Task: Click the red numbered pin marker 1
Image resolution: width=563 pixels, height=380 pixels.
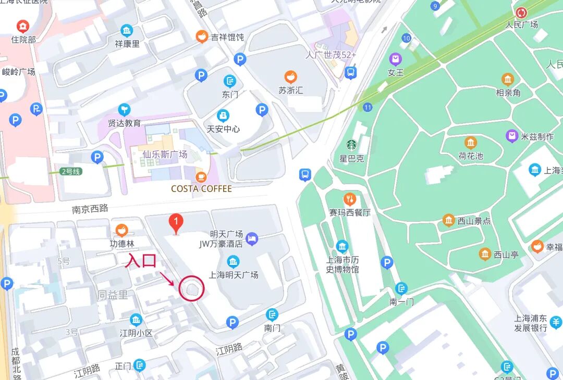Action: pos(176,224)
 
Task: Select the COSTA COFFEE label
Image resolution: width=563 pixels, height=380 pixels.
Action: pos(201,188)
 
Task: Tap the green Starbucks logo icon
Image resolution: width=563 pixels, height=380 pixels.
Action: pos(351,145)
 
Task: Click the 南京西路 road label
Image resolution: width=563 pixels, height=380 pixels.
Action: pos(90,209)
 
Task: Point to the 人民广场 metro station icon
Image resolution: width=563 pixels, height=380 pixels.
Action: pos(521,12)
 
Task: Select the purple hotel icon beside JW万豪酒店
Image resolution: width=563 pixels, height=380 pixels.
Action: pos(252,238)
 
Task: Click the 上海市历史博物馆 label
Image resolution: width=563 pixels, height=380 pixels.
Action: pos(342,264)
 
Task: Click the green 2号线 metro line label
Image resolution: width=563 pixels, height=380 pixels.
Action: pos(70,171)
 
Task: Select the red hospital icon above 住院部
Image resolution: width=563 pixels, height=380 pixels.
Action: pos(23,26)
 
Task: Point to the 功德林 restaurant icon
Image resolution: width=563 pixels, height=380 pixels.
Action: pos(121,230)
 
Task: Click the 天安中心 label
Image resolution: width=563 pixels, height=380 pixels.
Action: pos(223,129)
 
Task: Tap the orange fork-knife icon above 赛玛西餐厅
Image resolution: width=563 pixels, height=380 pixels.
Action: pos(350,199)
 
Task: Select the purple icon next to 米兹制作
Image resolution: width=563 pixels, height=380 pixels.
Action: pos(512,136)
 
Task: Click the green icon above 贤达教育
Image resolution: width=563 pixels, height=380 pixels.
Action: pos(124,109)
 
